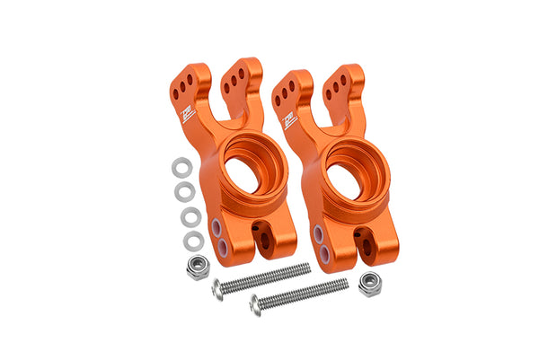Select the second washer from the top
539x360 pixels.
coord(185,191)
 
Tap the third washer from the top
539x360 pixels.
coord(190,216)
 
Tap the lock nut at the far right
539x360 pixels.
coord(367,285)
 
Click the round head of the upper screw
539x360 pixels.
coord(217,289)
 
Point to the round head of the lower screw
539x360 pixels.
coord(255,304)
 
